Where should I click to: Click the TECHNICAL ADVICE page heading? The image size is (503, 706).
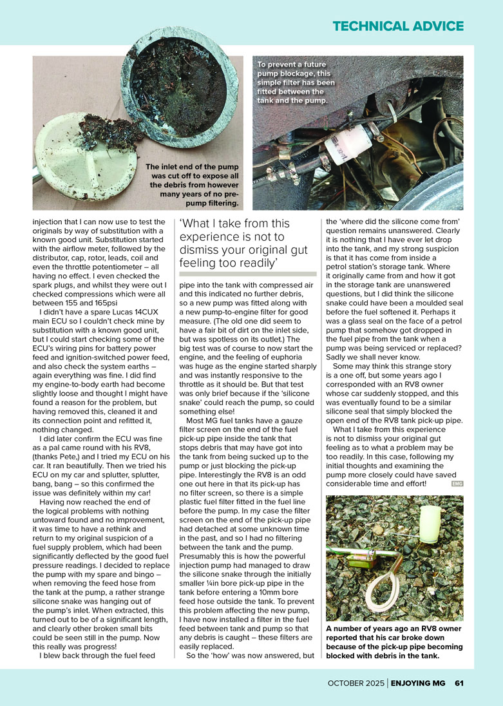tap(398, 26)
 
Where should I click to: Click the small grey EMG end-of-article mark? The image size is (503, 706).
tap(457, 484)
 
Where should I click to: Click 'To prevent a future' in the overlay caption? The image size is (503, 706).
tap(292, 65)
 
